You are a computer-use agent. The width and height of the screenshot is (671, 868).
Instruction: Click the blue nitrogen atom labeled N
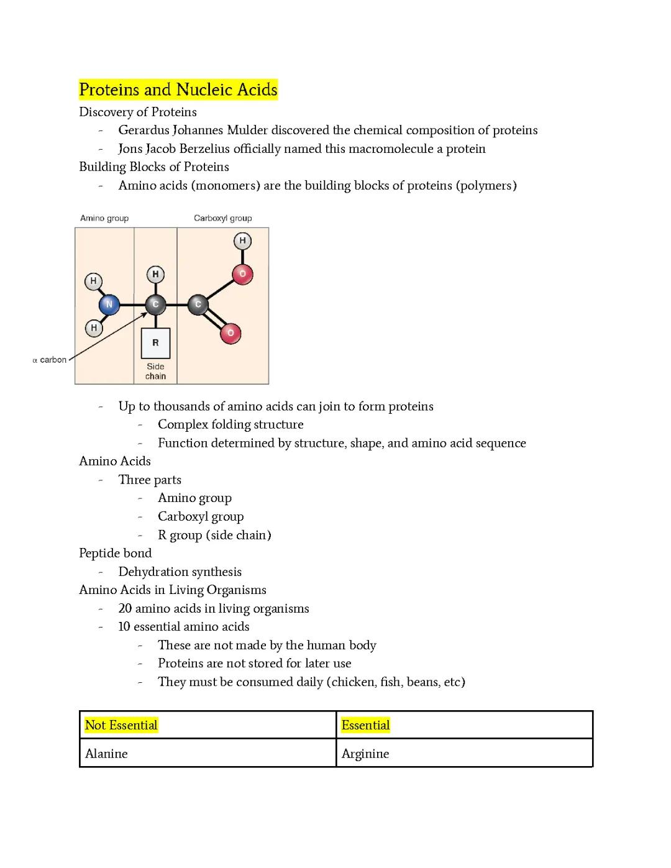pos(109,304)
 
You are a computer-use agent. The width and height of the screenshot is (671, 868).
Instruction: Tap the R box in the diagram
pos(155,342)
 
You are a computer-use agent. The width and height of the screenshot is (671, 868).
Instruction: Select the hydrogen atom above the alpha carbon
pos(155,274)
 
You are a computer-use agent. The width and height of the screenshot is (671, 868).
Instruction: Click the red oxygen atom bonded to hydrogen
pos(242,274)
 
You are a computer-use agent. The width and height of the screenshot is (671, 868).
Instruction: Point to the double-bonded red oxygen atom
pos(231,333)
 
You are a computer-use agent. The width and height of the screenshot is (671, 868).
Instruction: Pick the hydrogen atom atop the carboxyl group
pos(242,240)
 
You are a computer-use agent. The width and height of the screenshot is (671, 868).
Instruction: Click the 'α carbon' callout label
pos(50,360)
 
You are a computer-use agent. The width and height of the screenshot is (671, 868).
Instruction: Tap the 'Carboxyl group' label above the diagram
pos(222,218)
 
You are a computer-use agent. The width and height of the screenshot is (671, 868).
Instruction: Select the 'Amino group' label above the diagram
pos(104,218)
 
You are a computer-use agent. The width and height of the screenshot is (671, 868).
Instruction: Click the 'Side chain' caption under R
pos(155,371)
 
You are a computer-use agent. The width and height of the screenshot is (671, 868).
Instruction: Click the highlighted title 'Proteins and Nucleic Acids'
pos(178,89)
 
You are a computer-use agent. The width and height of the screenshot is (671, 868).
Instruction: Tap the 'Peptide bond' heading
pos(115,553)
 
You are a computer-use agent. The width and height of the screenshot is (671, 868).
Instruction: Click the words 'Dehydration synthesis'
pos(180,572)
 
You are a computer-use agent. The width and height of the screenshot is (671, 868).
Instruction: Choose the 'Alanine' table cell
pos(106,754)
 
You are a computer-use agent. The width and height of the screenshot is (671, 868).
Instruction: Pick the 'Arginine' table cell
pos(365,754)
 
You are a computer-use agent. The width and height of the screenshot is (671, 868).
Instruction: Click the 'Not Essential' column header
pos(121,725)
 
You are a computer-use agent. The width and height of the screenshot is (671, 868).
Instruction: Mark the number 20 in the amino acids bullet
pos(125,608)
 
